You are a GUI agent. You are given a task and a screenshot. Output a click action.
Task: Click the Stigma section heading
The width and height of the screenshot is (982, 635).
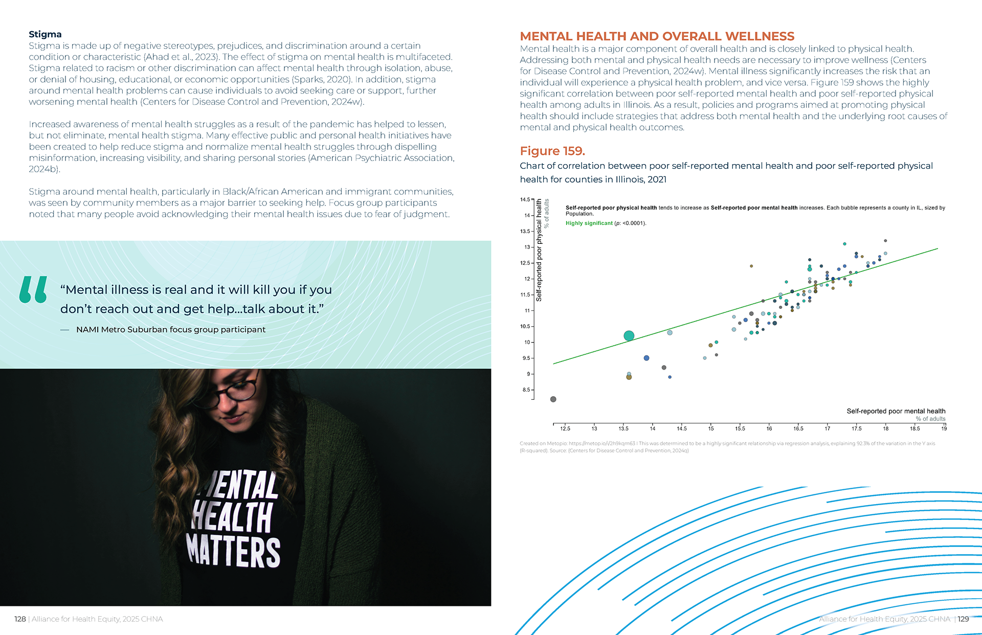tap(45, 34)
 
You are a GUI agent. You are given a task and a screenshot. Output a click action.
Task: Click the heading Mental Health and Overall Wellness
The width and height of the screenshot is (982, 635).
tap(657, 36)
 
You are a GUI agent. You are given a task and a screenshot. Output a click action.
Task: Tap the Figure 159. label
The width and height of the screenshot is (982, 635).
tap(552, 151)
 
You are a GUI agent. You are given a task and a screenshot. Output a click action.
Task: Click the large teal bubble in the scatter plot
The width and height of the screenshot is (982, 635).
tap(629, 335)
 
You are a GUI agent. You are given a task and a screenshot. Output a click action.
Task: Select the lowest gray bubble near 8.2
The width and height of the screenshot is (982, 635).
tap(553, 399)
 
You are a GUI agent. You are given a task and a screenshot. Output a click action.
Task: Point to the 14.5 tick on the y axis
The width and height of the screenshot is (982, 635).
tap(525, 199)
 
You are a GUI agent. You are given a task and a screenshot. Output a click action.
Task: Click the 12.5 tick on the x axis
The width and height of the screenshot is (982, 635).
tap(565, 428)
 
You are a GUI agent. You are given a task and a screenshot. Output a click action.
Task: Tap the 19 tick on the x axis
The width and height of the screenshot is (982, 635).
tap(944, 428)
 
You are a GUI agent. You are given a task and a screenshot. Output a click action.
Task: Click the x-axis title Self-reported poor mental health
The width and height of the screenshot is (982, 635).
tap(896, 411)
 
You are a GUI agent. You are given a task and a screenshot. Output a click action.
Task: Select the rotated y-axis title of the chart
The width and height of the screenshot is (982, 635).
tap(539, 250)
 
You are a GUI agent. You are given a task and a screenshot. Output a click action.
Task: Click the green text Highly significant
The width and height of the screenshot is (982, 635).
tap(589, 223)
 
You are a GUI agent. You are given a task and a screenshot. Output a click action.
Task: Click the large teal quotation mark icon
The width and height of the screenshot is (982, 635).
tap(33, 289)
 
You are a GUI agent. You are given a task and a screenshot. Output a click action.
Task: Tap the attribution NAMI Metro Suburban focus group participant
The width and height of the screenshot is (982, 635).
tap(170, 330)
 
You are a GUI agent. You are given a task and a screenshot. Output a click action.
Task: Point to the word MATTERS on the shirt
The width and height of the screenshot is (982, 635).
tap(233, 551)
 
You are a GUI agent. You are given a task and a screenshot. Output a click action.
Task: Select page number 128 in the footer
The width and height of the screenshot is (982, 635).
tap(20, 619)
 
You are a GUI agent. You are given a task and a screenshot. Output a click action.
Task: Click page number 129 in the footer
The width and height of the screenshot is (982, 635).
tap(963, 619)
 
